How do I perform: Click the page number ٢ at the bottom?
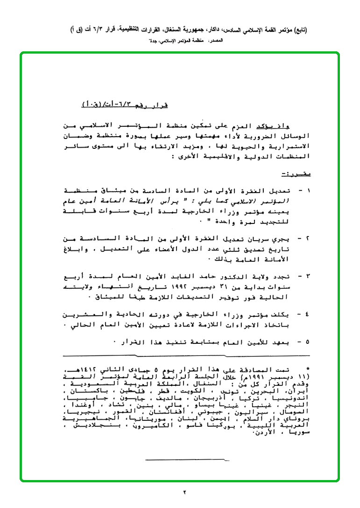coord(184,492)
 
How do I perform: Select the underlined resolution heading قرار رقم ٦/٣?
coord(125,104)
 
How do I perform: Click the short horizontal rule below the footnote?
coord(187,460)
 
